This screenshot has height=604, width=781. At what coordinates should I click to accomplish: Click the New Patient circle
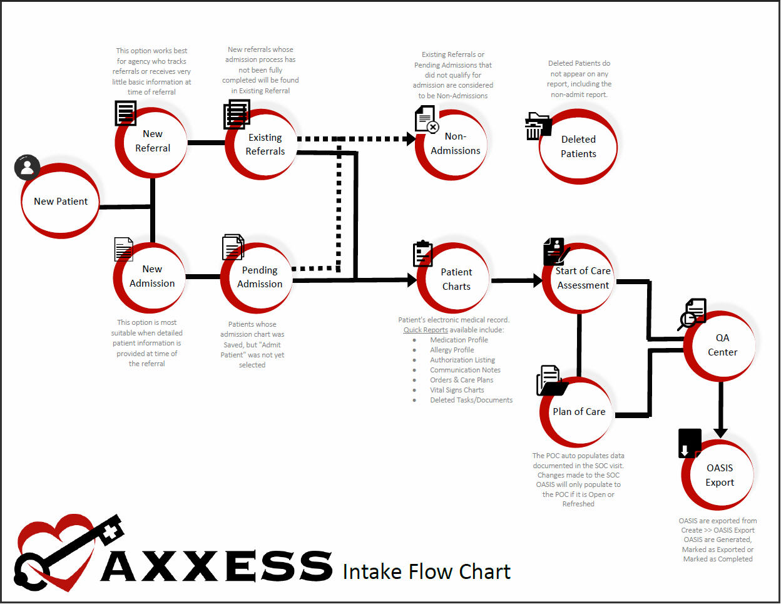[x=61, y=202]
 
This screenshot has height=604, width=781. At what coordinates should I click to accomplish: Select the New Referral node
[x=152, y=141]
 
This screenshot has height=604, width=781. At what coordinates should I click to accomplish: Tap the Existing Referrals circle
[x=264, y=145]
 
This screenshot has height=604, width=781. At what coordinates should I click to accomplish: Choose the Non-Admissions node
[x=455, y=144]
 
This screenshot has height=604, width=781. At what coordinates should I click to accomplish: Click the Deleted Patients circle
[x=578, y=147]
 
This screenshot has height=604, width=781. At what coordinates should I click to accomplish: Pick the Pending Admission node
[x=259, y=277]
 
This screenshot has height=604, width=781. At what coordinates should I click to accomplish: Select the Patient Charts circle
[x=456, y=279]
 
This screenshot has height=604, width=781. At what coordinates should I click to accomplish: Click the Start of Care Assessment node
[x=582, y=279]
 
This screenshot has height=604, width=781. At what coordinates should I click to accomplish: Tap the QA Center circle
[x=722, y=345]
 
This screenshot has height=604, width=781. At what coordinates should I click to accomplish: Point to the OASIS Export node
[x=719, y=476]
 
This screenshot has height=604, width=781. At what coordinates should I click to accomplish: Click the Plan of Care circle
[x=578, y=412]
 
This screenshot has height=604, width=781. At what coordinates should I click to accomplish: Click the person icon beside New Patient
[x=27, y=167]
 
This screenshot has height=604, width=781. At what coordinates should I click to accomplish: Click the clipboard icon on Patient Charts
[x=423, y=253]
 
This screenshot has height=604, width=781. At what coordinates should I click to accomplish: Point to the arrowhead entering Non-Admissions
[x=411, y=139]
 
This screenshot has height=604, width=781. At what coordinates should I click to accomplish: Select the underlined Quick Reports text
[x=426, y=330]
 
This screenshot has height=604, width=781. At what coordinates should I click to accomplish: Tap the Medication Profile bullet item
[x=459, y=340]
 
